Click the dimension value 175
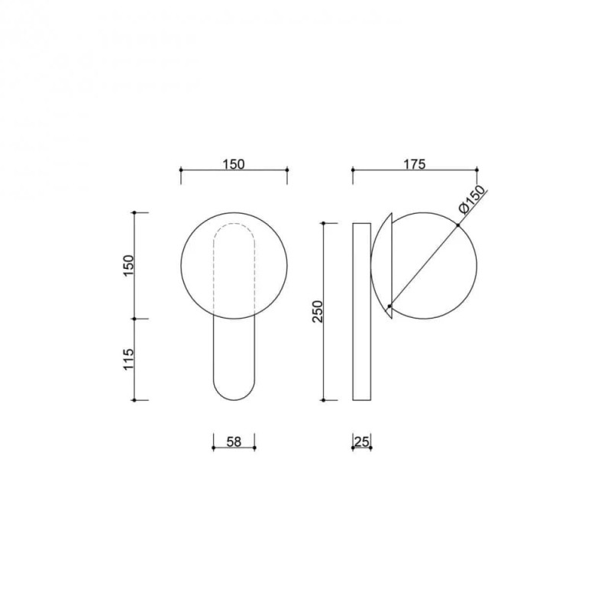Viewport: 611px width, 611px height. pyautogui.click(x=415, y=164)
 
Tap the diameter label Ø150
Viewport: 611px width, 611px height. pyautogui.click(x=474, y=199)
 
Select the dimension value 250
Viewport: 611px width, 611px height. pyautogui.click(x=318, y=311)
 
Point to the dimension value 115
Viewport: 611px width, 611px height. pyautogui.click(x=128, y=359)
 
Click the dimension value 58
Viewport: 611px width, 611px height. pyautogui.click(x=234, y=441)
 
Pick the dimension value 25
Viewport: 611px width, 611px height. pyautogui.click(x=362, y=441)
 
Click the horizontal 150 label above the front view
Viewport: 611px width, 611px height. pyautogui.click(x=234, y=164)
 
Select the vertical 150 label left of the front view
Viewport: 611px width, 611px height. pyautogui.click(x=128, y=265)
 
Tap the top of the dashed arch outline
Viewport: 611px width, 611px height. pyautogui.click(x=234, y=224)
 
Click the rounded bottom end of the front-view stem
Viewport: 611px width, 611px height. pyautogui.click(x=234, y=399)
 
